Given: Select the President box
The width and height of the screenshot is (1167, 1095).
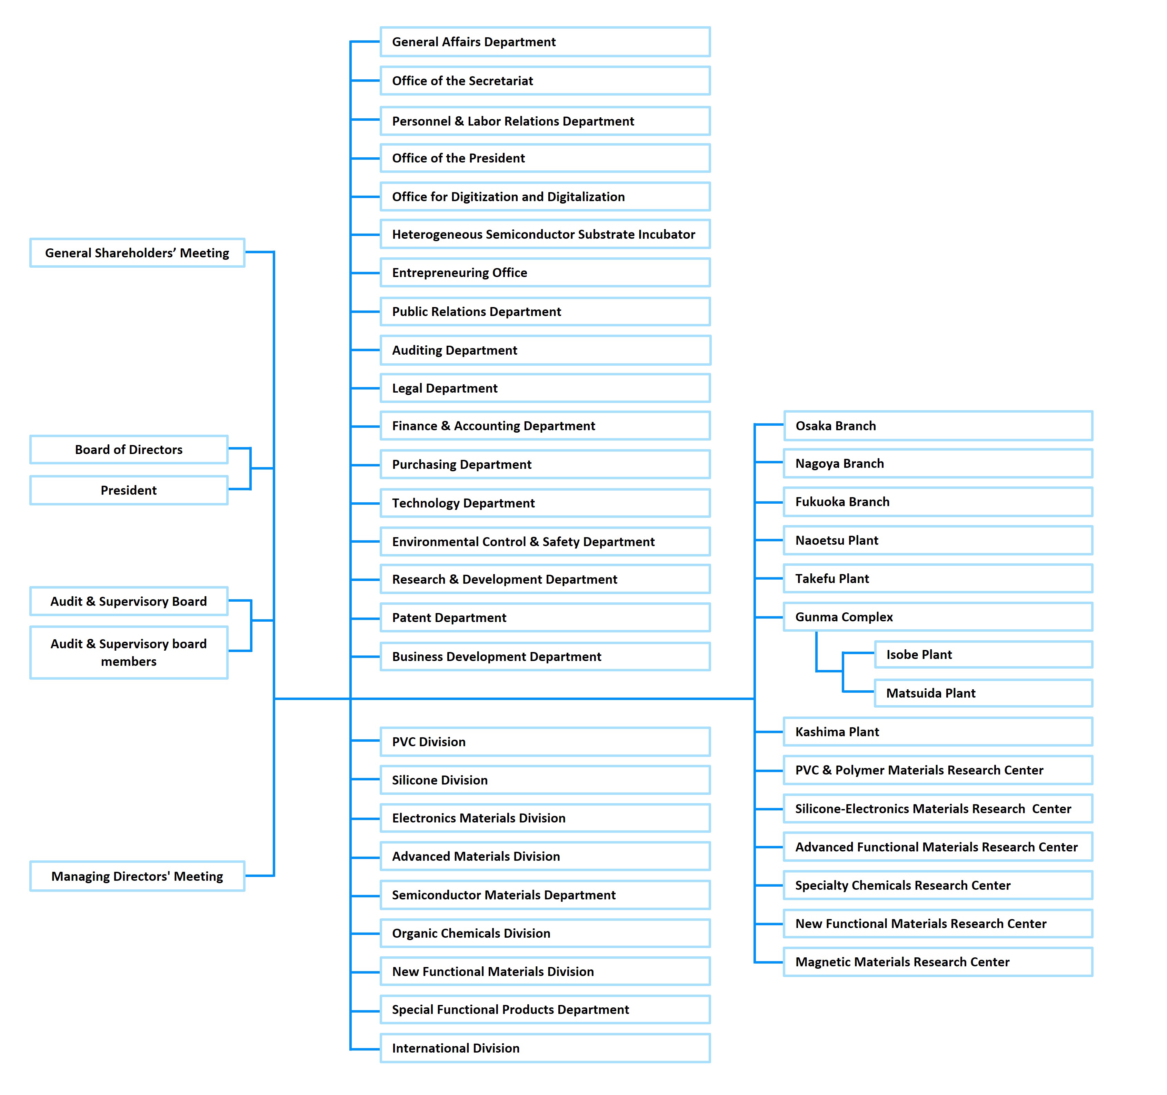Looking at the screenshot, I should pos(129,490).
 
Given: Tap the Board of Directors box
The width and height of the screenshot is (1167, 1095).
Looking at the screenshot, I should pos(129,450).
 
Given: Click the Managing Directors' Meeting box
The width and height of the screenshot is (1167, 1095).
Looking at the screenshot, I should pos(137,876).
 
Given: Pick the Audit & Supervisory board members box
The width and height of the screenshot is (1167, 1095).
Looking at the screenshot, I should pos(129,652).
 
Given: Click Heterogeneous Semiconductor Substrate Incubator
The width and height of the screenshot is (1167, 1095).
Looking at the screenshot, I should pos(543,234).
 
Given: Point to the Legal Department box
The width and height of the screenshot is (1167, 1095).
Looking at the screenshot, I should pos(545,388).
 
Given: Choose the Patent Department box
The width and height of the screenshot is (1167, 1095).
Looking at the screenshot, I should pos(545,618).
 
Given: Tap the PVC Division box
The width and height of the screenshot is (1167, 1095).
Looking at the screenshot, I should pos(545,741).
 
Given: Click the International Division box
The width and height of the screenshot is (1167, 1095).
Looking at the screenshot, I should pos(545,1048).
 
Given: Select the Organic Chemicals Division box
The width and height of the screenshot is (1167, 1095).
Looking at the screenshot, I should pos(545,933).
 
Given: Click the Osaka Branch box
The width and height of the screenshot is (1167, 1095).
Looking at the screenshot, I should pos(937,426).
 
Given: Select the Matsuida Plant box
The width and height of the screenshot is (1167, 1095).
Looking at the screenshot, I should pos(983,693).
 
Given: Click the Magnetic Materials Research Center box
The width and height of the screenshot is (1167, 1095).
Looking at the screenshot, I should pos(937,962).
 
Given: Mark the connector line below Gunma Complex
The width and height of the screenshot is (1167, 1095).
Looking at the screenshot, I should pos(816,652).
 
